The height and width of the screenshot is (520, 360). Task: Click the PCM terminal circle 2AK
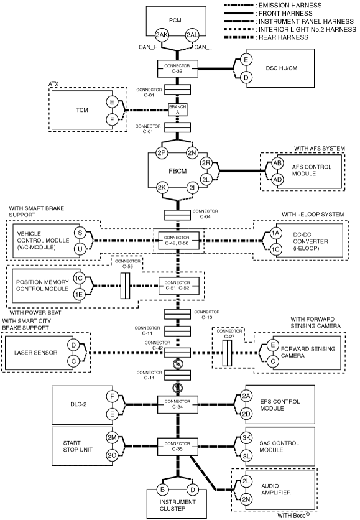[162, 35]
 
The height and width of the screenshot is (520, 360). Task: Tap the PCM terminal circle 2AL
[192, 35]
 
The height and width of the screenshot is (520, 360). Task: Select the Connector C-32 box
[178, 68]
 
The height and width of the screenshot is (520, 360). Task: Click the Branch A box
[178, 109]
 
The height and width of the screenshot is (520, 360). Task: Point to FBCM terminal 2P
[162, 153]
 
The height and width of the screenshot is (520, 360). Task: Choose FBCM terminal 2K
[162, 188]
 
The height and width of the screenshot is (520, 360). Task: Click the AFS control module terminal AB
[277, 163]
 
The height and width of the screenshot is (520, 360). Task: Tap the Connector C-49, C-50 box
[178, 241]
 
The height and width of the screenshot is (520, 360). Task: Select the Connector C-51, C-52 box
[178, 286]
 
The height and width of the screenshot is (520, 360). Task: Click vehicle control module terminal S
[80, 233]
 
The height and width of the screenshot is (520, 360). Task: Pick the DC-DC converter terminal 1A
[275, 233]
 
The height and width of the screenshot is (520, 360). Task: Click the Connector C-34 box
[178, 404]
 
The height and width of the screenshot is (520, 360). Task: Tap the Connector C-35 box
[178, 447]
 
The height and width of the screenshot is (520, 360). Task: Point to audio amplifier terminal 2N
[246, 499]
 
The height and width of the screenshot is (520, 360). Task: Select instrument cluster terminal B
[162, 490]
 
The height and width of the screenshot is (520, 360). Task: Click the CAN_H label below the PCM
[148, 47]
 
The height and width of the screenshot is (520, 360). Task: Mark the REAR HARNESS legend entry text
[284, 37]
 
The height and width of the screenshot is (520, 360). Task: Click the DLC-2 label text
[78, 404]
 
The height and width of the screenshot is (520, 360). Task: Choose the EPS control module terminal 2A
[246, 396]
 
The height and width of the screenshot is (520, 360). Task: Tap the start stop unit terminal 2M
[112, 437]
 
